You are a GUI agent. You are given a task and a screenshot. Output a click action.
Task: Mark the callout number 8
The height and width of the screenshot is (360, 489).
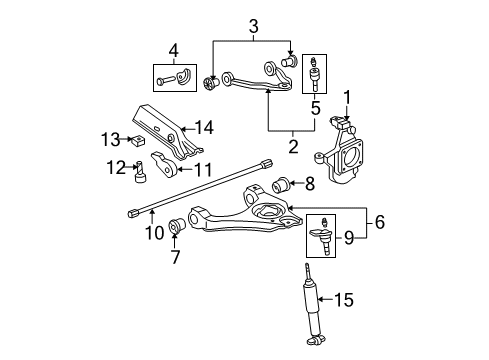pos(309,182)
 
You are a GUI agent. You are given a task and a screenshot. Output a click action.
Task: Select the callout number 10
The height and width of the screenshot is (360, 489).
pos(153,235)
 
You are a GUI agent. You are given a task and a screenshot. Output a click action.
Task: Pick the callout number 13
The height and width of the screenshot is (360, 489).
pos(114,137)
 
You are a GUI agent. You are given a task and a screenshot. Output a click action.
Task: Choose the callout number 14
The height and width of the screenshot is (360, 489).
pos(205,127)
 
